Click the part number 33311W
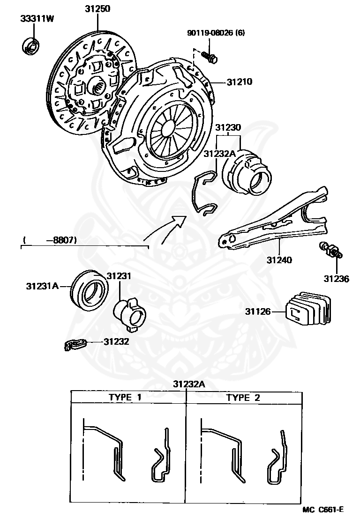[36, 19]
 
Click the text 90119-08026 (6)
[216, 33]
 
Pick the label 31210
[239, 82]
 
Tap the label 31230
[228, 127]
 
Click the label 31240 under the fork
[279, 259]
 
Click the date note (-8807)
[50, 240]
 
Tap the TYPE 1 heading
[125, 398]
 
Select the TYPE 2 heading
[243, 398]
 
